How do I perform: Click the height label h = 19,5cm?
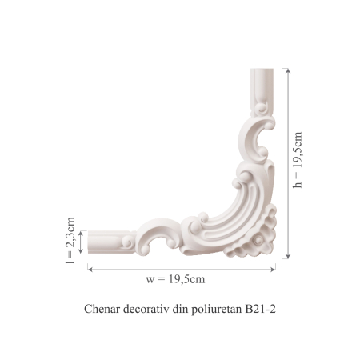pos(298,161)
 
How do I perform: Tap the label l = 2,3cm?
pos(70,240)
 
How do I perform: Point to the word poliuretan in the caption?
pos(218,308)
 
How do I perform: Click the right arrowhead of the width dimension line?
pos(275,269)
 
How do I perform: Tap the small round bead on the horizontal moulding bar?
pos(126,239)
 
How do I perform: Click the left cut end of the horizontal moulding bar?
pos(90,240)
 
